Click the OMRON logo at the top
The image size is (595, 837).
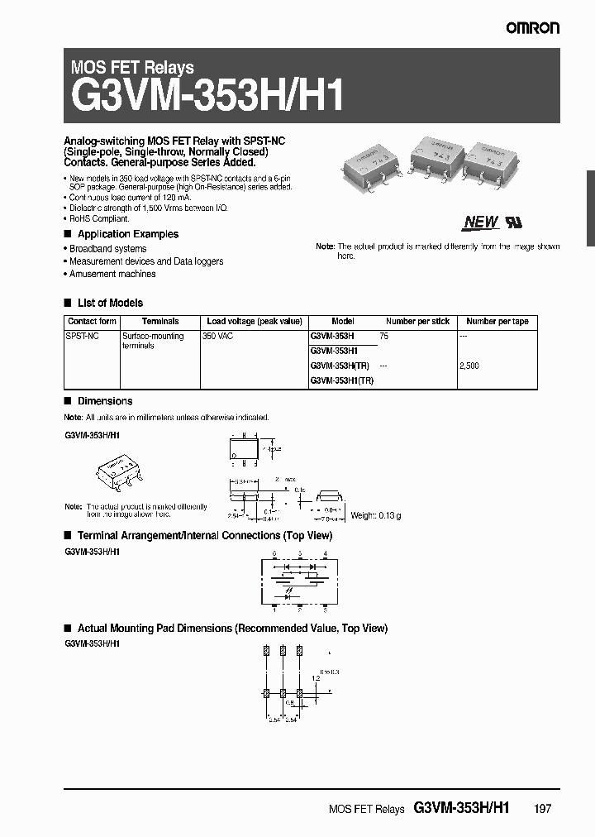click(x=533, y=28)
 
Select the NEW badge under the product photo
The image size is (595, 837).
click(x=480, y=222)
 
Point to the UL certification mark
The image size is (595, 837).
click(x=514, y=222)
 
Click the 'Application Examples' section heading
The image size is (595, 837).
click(x=127, y=234)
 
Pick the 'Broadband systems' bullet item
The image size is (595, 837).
click(x=107, y=248)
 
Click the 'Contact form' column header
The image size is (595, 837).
click(x=92, y=321)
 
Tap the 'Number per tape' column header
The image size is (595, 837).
click(x=497, y=321)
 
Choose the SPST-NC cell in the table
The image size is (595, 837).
click(x=82, y=337)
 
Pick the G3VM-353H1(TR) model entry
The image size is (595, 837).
click(x=341, y=380)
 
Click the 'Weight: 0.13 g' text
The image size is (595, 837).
click(x=375, y=515)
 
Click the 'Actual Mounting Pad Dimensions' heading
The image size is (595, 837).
click(x=231, y=628)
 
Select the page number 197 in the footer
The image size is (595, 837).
click(x=542, y=809)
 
